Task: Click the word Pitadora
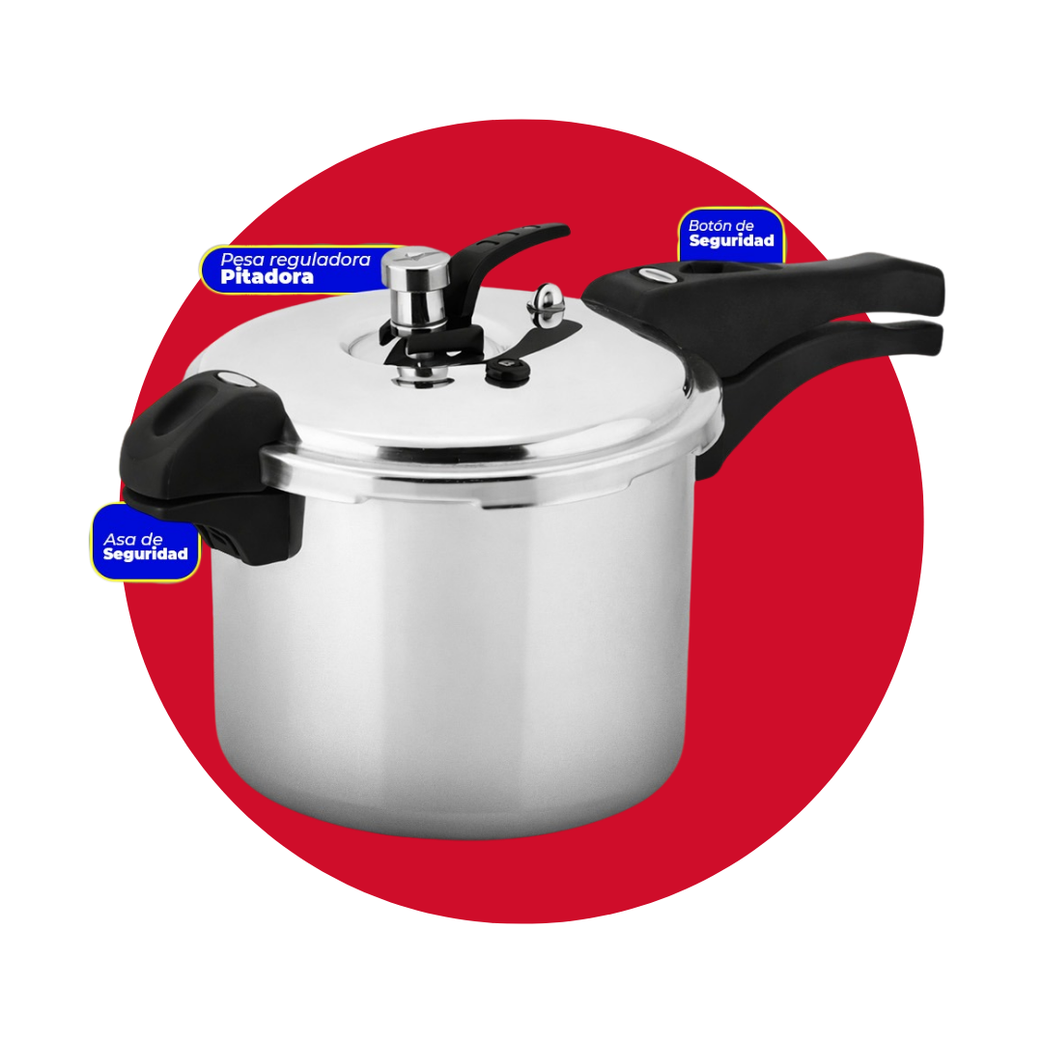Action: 267,277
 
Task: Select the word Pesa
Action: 242,260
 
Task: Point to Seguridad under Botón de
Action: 731,240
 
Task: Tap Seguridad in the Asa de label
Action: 145,554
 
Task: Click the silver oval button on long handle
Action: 654,274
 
